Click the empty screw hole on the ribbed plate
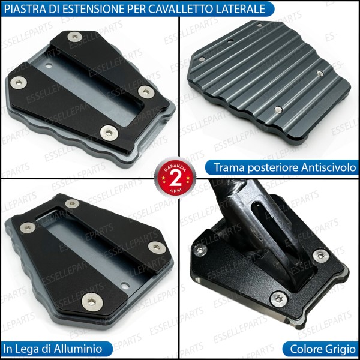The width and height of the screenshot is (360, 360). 231,41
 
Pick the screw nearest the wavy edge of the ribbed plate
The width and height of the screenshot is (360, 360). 278,109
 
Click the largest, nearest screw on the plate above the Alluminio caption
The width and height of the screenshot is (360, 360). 91,303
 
